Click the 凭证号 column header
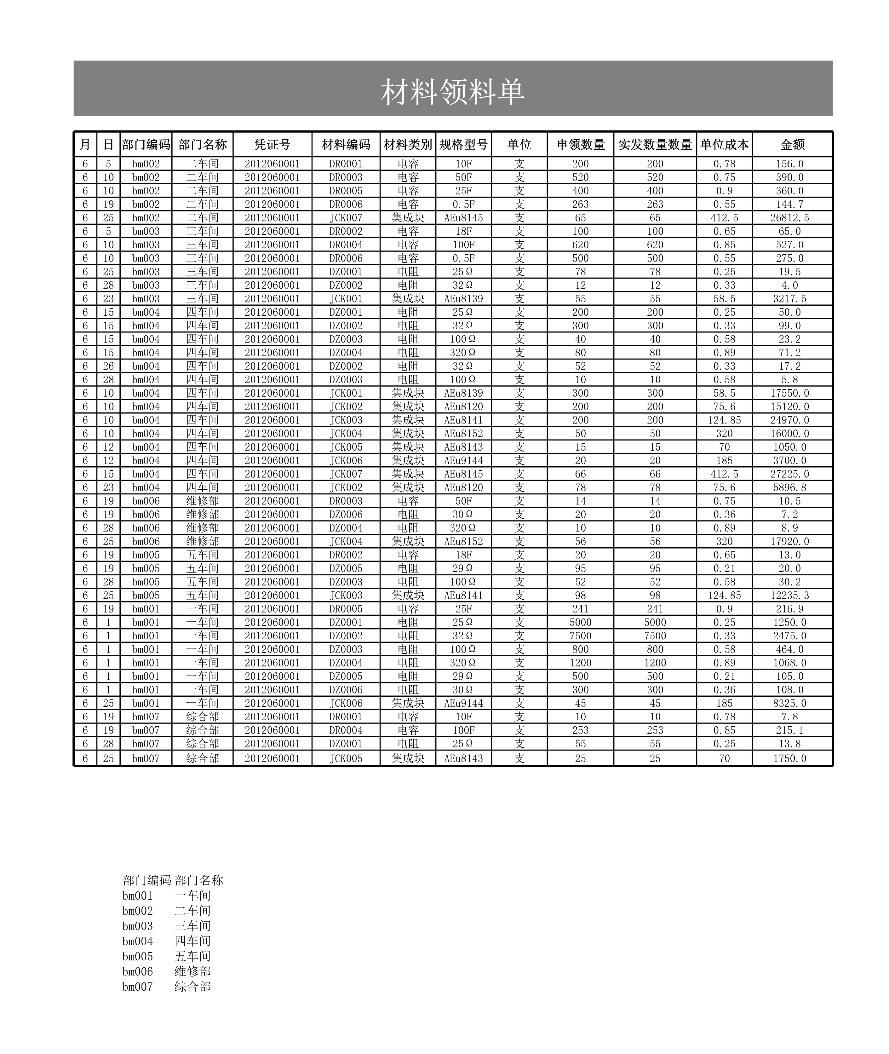(x=272, y=145)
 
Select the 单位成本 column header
(x=724, y=145)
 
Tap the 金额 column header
(x=792, y=145)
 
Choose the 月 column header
(x=85, y=145)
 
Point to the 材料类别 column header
(x=408, y=145)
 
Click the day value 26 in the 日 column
(x=108, y=366)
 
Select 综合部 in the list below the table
(x=192, y=987)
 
